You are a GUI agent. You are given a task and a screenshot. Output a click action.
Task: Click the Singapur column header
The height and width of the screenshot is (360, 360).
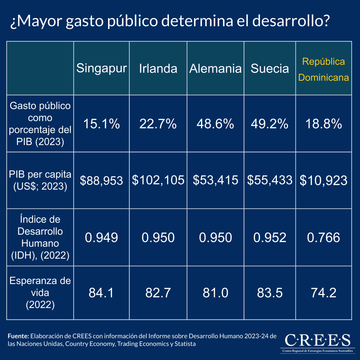click(101, 68)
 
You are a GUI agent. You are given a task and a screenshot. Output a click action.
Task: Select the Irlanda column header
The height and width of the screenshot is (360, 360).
click(158, 68)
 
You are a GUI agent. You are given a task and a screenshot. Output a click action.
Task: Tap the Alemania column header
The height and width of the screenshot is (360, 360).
click(215, 68)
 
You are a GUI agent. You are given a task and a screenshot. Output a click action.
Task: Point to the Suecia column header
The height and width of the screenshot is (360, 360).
click(270, 68)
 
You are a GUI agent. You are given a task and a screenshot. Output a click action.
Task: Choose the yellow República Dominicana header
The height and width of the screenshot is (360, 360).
click(323, 69)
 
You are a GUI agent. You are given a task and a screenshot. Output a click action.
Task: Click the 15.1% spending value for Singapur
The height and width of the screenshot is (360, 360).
click(101, 124)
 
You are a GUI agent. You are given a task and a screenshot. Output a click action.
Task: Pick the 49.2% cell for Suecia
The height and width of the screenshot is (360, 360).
click(270, 124)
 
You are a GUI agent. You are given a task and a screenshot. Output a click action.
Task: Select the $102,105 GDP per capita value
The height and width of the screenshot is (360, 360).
click(158, 180)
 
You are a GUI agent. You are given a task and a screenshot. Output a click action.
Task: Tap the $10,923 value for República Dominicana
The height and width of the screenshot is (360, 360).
click(323, 180)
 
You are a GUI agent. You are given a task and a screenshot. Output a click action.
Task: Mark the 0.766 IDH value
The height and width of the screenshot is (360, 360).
click(323, 238)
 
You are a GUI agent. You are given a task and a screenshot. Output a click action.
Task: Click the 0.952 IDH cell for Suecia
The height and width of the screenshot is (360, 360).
click(270, 238)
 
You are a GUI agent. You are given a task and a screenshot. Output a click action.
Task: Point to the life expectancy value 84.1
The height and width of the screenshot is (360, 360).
click(101, 293)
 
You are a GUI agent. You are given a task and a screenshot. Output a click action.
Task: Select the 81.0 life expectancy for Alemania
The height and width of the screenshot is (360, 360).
click(215, 293)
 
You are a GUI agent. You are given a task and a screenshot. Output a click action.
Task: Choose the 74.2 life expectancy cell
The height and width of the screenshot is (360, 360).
click(323, 293)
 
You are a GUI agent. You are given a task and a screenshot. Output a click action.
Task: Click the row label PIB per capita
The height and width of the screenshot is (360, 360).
click(40, 180)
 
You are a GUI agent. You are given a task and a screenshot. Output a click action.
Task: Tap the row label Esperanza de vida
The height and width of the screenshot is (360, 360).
click(40, 292)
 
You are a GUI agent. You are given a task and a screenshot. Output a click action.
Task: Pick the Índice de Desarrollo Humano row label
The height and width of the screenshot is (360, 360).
click(40, 237)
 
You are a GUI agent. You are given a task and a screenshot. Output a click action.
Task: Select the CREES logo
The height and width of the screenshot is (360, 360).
click(317, 342)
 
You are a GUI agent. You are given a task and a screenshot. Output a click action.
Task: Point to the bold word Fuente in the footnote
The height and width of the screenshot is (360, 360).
click(18, 336)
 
